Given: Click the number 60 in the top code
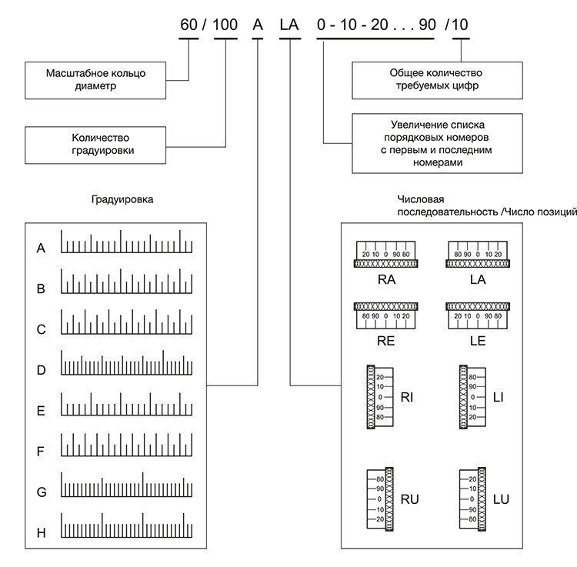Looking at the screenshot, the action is (x=188, y=25).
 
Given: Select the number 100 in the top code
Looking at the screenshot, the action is (x=225, y=25).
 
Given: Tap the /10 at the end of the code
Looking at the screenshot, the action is (x=456, y=25).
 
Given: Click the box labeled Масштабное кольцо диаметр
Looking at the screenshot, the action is (x=95, y=80).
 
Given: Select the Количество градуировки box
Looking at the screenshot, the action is (x=95, y=145).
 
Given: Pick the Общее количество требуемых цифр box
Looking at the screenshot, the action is (x=437, y=80).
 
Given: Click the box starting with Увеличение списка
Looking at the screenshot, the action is (x=437, y=143).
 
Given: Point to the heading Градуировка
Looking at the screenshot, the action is (x=122, y=199).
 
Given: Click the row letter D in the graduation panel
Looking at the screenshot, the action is (x=42, y=370).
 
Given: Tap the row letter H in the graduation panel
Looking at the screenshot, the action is (x=42, y=533).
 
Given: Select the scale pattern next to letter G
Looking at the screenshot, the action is (x=127, y=485).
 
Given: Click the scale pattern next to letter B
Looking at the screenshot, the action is (x=127, y=281).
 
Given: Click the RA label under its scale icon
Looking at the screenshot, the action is (x=386, y=279).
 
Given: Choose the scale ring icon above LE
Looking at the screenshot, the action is (x=478, y=315).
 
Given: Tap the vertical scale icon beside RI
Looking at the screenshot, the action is (x=380, y=397).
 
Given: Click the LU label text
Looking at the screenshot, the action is (x=501, y=499).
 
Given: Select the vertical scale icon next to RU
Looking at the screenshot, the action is (x=380, y=499).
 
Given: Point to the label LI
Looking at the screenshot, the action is (x=499, y=398).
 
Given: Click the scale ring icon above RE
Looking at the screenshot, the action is (x=385, y=315).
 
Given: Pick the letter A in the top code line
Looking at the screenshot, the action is (x=258, y=25).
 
